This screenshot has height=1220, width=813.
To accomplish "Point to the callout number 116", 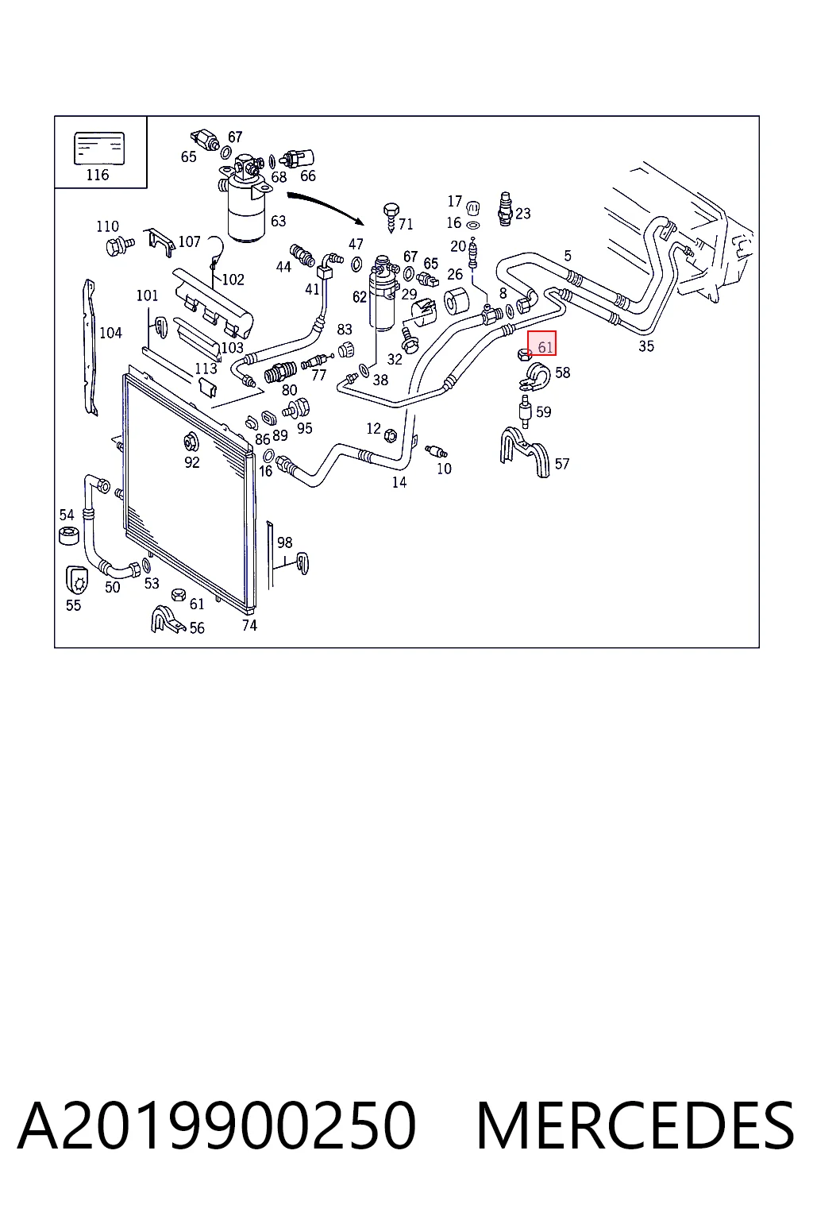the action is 98,175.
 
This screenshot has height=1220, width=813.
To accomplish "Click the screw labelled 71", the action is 391,218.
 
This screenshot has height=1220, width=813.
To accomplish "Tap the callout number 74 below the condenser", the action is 249,625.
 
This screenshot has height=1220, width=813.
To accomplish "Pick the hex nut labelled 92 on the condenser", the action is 191,441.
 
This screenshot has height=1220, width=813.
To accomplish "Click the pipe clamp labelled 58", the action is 534,377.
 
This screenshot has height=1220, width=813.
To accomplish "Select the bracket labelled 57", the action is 524,452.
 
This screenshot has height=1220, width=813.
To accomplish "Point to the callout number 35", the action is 645,346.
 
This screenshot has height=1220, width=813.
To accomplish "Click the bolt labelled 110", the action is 120,246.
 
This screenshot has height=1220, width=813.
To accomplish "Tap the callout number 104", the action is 110,333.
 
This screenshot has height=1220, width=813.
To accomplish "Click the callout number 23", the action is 522,214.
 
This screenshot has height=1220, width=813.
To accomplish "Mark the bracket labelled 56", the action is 168,620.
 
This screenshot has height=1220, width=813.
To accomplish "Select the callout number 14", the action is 399,482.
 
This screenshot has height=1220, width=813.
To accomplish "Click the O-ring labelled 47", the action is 356,264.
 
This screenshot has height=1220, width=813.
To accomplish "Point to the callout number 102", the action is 233,280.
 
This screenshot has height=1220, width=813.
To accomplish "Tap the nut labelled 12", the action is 390,435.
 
